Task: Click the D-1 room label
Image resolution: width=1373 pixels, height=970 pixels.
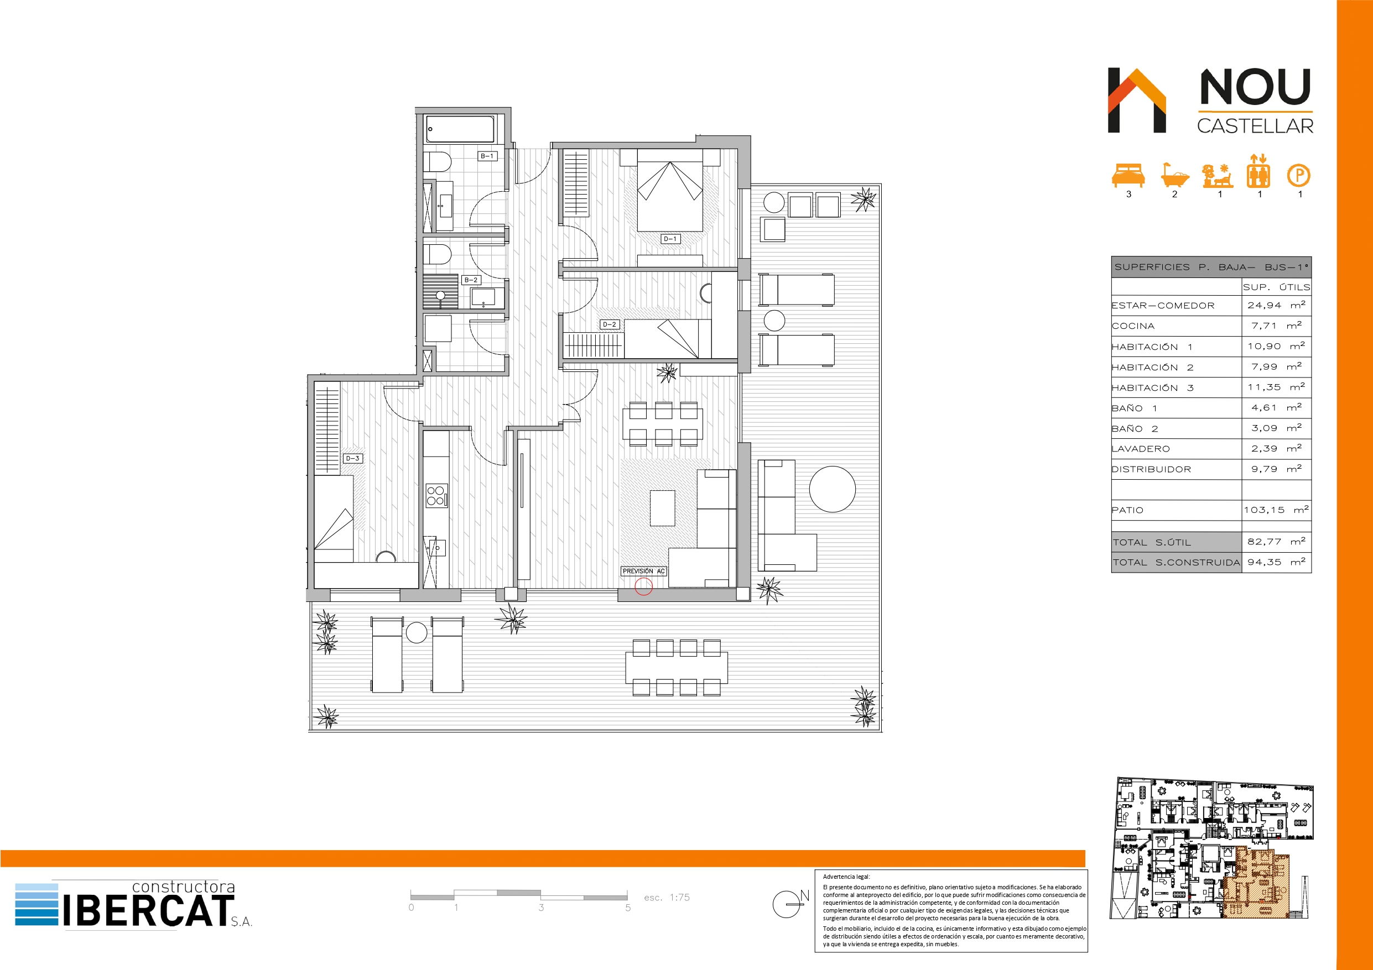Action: point(670,238)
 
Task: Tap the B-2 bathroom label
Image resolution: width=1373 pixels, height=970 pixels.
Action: point(471,280)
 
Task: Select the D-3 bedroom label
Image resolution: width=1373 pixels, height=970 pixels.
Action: point(353,458)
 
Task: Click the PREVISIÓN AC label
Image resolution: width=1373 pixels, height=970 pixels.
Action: point(643,571)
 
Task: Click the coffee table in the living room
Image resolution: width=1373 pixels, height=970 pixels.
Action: point(663,508)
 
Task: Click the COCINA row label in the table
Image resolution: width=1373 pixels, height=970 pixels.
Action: point(1133,326)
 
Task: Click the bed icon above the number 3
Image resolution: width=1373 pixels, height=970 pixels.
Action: point(1128,176)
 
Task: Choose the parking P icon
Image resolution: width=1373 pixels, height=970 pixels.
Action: point(1299,176)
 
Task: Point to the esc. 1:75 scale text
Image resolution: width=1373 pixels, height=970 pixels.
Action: point(667,898)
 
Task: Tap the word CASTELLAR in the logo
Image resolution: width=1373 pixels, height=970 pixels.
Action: point(1255,126)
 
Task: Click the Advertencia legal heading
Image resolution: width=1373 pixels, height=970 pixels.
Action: point(846,877)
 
